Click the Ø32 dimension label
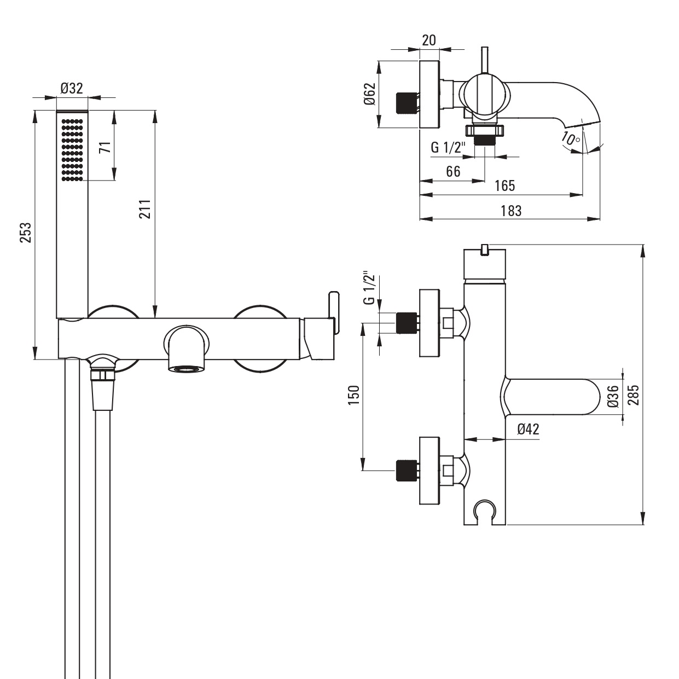click(x=72, y=88)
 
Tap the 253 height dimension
click(x=26, y=232)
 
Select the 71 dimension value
click(x=106, y=147)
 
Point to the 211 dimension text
click(x=145, y=210)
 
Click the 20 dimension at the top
click(x=429, y=40)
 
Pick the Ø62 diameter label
click(x=370, y=94)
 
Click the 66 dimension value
click(x=453, y=172)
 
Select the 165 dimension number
click(x=504, y=185)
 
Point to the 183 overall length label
click(x=511, y=211)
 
